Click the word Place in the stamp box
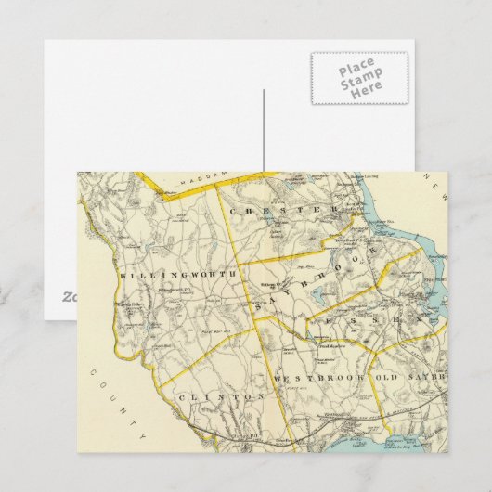point(357,69)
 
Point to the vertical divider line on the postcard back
point(264,129)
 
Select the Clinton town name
point(214,396)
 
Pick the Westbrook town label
point(318,380)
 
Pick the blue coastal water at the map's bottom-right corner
point(432,436)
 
